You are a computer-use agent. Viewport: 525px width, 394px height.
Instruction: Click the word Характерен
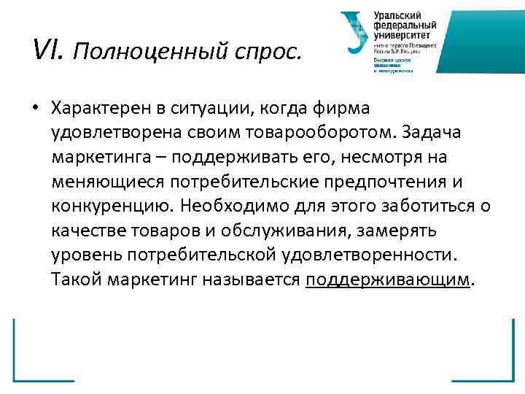(100, 108)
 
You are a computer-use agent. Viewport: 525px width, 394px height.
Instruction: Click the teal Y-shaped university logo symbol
(354, 33)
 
